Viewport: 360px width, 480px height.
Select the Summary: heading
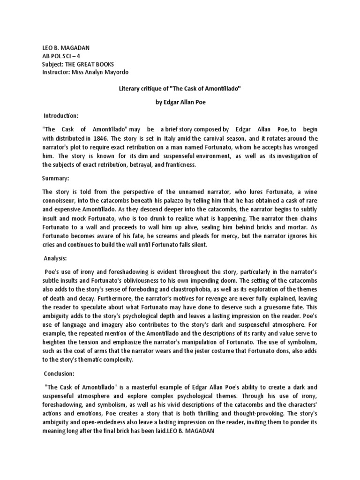56,179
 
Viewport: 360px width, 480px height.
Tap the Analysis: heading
57,258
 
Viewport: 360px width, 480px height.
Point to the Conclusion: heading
60,374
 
